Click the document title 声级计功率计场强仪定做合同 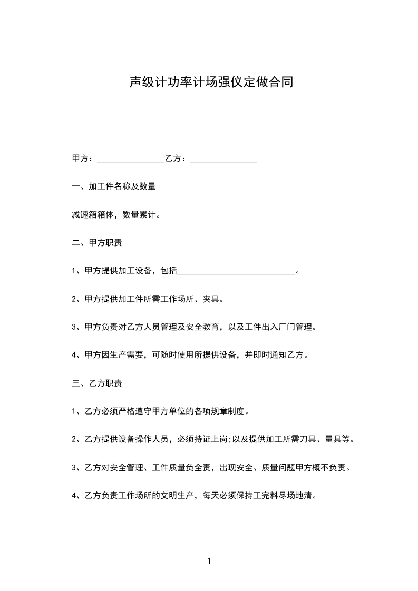pyautogui.click(x=211, y=83)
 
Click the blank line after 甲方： pyautogui.click(x=131, y=159)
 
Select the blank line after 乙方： pyautogui.click(x=223, y=159)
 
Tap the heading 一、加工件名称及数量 pyautogui.click(x=113, y=186)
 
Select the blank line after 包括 pyautogui.click(x=237, y=272)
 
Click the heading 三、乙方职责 pyautogui.click(x=97, y=383)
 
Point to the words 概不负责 pyautogui.click(x=328, y=468)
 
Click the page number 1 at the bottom pyautogui.click(x=209, y=562)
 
